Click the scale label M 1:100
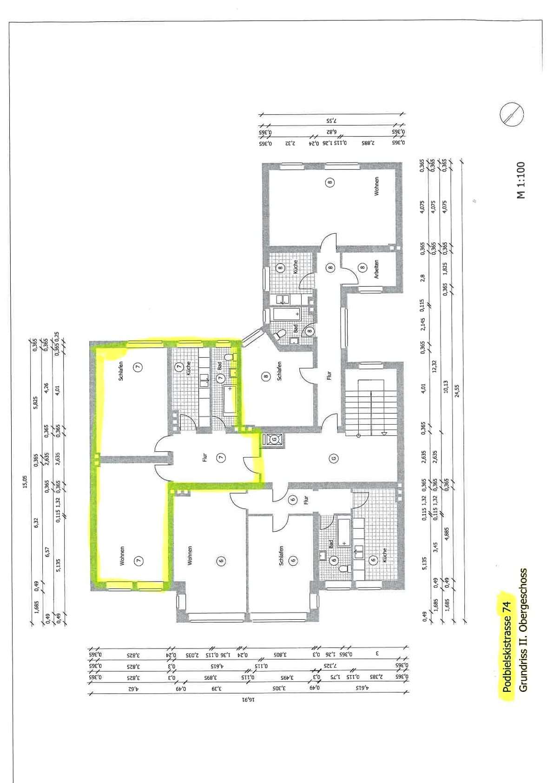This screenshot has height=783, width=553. tap(521, 180)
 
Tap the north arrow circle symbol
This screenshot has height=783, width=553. tap(511, 114)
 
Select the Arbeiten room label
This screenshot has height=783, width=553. tap(376, 269)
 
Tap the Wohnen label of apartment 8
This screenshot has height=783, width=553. tap(376, 186)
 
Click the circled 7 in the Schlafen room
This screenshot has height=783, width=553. tap(138, 367)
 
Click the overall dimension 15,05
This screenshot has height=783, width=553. tap(25, 482)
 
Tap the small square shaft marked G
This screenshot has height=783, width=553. tap(274, 439)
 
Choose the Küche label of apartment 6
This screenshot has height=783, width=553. tap(384, 555)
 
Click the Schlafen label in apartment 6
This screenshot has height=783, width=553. tap(281, 555)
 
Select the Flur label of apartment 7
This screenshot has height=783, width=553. tap(204, 457)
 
